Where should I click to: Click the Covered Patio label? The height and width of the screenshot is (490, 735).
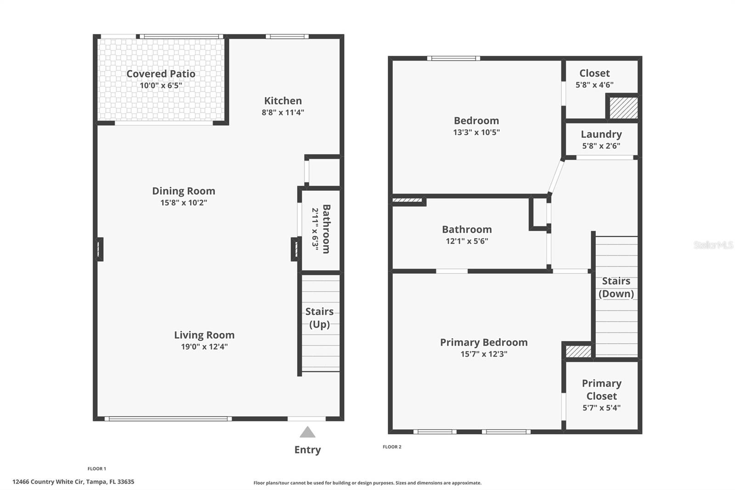[x=161, y=74]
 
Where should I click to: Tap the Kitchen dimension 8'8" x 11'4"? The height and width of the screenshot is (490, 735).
[x=283, y=112]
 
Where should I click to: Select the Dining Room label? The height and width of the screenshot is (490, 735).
[x=183, y=191]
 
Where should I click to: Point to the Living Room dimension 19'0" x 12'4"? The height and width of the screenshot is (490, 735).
[x=204, y=347]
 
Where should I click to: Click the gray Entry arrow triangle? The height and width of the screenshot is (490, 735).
[x=307, y=432]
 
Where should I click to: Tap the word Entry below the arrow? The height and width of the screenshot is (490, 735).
[x=307, y=450]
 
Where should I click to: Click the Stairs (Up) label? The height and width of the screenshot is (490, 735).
[x=319, y=318]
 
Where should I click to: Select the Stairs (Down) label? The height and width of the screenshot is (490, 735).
[x=616, y=287]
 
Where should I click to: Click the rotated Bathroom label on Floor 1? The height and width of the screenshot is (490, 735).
[x=326, y=229]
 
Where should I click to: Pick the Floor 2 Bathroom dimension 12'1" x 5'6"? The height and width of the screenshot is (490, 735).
[x=467, y=241]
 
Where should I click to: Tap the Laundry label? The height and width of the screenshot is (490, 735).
[x=601, y=134]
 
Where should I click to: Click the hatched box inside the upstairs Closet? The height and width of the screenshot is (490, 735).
[x=623, y=108]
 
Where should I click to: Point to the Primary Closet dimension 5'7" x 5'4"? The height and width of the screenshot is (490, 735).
[x=601, y=408]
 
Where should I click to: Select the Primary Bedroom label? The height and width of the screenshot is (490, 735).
[x=484, y=342]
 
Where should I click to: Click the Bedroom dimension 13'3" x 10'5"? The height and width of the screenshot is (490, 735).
[x=476, y=132]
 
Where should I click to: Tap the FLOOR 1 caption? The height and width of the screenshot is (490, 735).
[x=97, y=469]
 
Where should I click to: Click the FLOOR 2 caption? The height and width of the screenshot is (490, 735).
[x=392, y=447]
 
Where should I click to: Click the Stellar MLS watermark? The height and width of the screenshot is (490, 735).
[x=713, y=245]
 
